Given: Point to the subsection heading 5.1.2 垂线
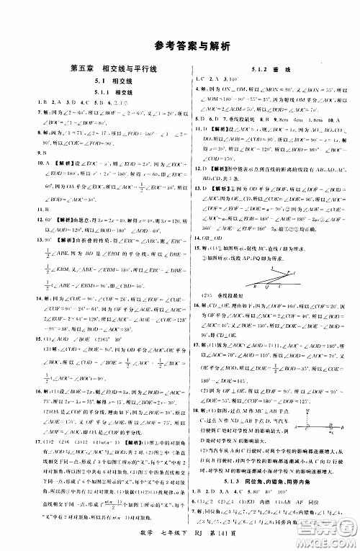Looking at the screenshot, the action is pos(270,69).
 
